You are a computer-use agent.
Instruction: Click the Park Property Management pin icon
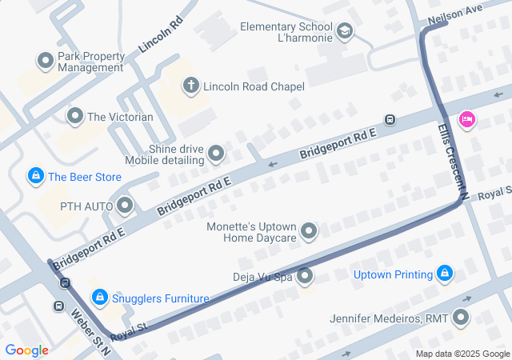point(45,61)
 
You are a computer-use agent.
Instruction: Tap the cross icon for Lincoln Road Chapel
point(190,85)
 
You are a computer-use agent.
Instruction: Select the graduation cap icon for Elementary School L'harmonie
point(345,32)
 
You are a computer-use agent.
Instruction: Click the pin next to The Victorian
point(75,117)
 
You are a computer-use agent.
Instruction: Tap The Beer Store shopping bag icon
point(35,176)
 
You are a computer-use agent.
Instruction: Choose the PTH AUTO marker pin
point(125,206)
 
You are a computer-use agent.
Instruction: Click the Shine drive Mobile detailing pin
point(216,153)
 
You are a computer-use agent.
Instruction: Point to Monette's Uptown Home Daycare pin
point(309,232)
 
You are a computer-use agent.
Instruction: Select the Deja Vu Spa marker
point(305,277)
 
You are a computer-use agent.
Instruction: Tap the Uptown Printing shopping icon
point(446,275)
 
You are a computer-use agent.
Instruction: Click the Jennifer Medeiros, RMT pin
point(461,318)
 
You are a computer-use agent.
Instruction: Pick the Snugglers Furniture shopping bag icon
point(98,298)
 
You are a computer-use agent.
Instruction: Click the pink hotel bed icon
point(466,120)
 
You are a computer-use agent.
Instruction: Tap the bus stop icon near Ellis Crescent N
point(390,120)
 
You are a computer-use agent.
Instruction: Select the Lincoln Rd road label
point(162,34)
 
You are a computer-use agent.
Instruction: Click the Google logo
point(27,350)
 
